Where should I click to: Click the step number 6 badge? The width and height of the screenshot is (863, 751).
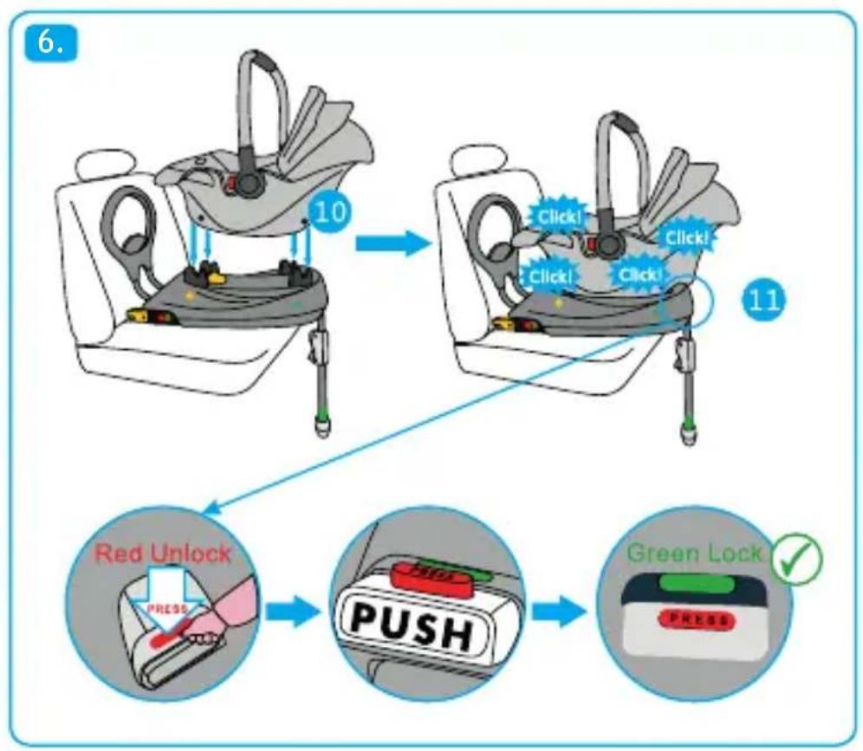50,42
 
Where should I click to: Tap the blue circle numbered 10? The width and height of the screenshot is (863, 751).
329,212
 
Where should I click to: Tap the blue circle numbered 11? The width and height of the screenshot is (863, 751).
764,300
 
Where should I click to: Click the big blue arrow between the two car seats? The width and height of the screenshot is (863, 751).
393,243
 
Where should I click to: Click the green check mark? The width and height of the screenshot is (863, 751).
796,560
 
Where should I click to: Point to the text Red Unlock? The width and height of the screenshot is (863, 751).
163,553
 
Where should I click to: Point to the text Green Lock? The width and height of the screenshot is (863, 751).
695,553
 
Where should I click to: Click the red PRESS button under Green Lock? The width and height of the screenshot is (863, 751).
696,620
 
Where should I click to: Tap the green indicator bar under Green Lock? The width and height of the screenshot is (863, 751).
695,583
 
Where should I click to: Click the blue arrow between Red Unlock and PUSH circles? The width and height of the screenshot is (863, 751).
293,612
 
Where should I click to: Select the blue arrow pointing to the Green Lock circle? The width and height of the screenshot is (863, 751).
559,612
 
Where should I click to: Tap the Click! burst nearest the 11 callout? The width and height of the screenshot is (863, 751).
687,237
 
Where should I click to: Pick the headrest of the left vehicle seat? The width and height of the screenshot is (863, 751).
98,165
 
